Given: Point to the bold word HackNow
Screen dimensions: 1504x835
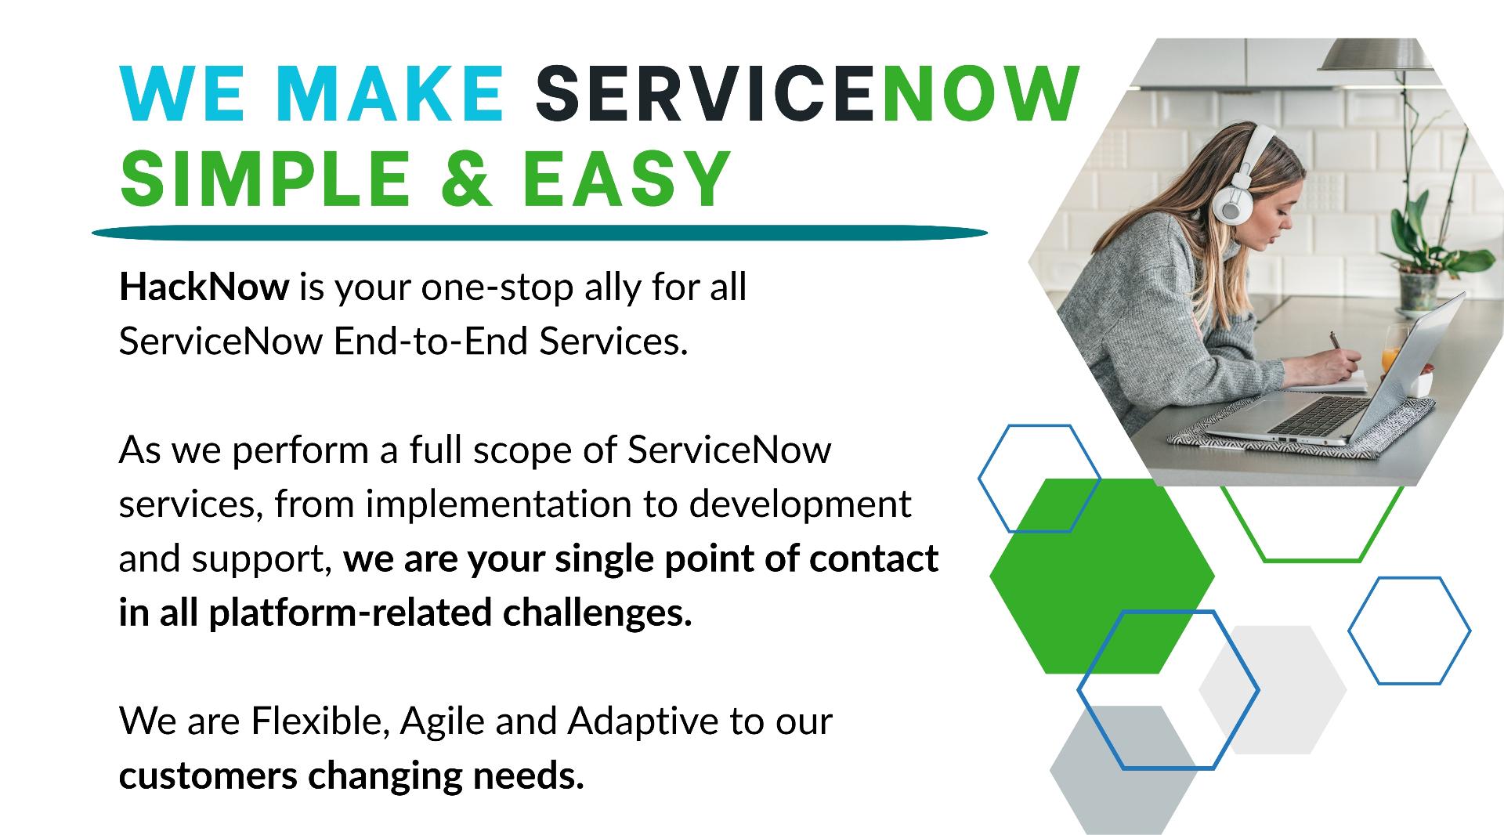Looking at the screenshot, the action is (x=204, y=287).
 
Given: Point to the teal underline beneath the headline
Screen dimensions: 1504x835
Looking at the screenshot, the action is (x=540, y=233).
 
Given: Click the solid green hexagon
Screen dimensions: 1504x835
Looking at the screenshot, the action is (x=1102, y=577).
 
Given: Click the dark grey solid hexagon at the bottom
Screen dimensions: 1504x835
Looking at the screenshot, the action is (x=1123, y=770).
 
